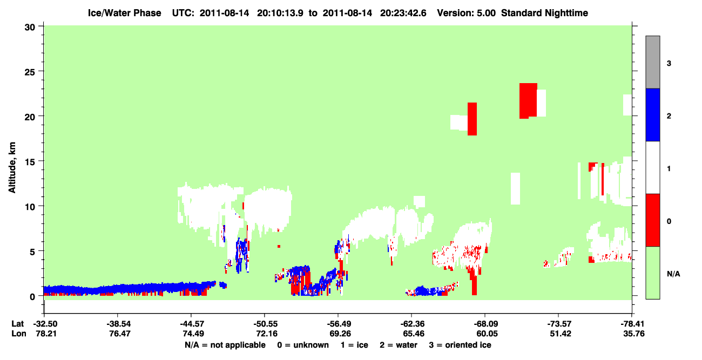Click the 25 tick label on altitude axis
point(30,72)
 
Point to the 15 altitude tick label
point(30,162)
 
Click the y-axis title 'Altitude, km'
point(12,168)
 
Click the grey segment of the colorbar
point(652,62)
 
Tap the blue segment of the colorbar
point(652,114)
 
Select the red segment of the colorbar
point(652,220)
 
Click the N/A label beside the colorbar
point(673,274)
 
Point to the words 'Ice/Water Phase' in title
point(124,13)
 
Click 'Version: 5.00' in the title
point(467,13)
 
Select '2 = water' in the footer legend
point(399,345)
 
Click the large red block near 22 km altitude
point(528,101)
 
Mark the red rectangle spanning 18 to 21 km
point(472,119)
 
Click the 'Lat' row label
point(17,324)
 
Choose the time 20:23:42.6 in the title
point(403,13)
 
